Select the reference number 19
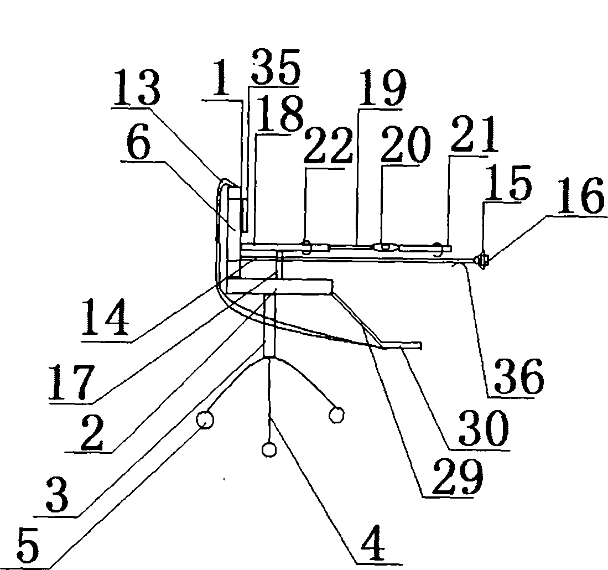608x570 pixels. tap(382, 89)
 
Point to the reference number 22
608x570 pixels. tap(328, 147)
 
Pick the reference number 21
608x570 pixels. tap(473, 134)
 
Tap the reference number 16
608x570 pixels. tap(580, 196)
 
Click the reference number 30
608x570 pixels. tap(483, 428)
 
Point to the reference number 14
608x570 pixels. tap(105, 317)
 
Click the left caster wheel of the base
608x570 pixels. tap(205, 420)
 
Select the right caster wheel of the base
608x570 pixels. tap(336, 414)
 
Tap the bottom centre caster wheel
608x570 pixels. tap(269, 449)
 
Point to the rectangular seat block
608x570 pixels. tap(279, 286)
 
